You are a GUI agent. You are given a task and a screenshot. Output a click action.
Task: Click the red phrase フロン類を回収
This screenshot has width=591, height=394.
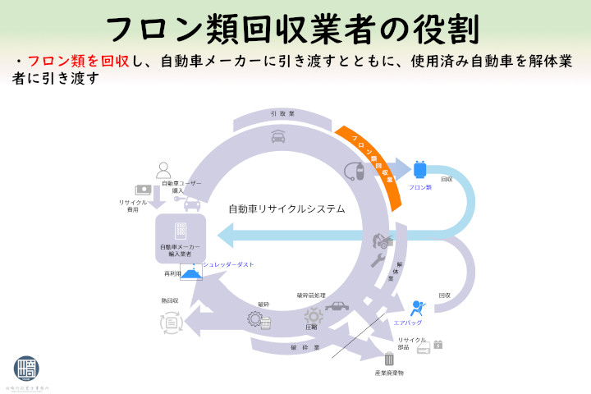[79, 62]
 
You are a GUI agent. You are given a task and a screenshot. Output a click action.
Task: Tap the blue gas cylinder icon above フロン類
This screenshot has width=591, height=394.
[420, 169]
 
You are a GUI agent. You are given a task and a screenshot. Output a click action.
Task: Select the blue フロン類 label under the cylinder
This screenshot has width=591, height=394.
[420, 187]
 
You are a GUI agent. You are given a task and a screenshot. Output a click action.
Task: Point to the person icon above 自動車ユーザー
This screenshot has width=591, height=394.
[163, 169]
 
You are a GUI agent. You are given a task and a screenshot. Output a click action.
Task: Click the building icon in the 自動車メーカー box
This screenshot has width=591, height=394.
[181, 231]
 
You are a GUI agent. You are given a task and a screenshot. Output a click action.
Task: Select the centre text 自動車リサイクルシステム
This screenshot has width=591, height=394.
[286, 209]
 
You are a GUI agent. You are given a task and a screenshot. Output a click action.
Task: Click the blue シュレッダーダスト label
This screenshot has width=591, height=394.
[229, 264]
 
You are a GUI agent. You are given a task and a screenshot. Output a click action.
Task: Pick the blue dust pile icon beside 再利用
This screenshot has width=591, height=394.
[191, 273]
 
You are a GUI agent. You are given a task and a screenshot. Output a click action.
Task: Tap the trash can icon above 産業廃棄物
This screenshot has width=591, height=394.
[388, 358]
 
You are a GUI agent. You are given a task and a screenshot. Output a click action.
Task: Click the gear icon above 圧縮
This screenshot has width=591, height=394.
[312, 315]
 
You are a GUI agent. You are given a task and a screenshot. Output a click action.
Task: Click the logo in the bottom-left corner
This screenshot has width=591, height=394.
[25, 369]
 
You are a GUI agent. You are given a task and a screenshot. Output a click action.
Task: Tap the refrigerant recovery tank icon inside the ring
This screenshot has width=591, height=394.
[354, 171]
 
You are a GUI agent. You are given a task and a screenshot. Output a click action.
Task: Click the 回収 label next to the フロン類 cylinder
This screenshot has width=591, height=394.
[447, 179]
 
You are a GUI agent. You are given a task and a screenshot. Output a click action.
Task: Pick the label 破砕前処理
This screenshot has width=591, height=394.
[311, 295]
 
